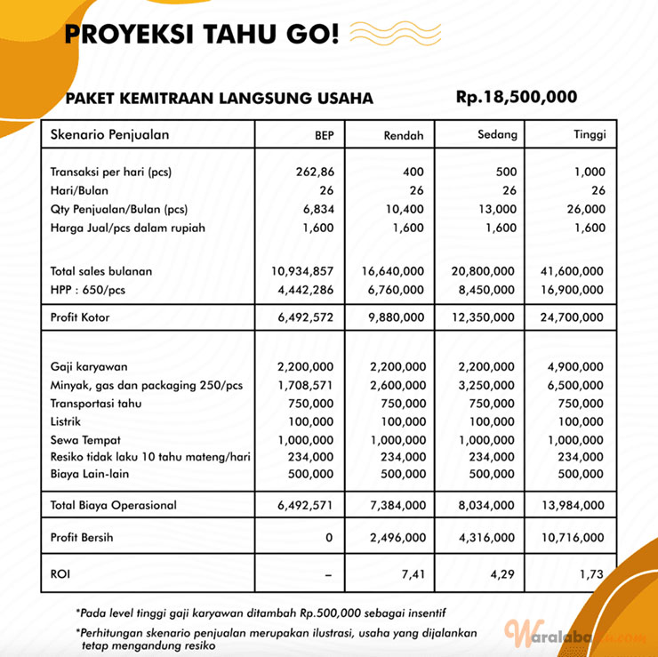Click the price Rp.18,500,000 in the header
click(x=517, y=97)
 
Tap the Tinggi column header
click(x=590, y=136)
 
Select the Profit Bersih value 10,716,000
click(x=572, y=538)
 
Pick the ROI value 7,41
click(x=412, y=575)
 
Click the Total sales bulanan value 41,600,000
click(x=572, y=271)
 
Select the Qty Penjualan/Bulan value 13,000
click(x=495, y=210)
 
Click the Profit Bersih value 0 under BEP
click(x=328, y=538)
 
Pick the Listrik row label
click(x=70, y=421)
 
